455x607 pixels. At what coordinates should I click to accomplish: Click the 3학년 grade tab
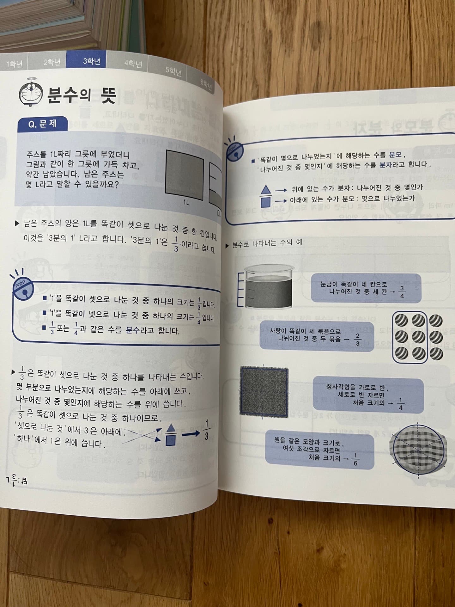pos(92,61)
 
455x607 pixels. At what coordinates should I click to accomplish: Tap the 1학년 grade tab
pos(15,64)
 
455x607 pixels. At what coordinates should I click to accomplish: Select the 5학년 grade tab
pos(173,71)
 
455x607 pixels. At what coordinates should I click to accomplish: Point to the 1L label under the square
pos(186,202)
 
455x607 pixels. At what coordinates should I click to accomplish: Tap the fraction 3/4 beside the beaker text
pos(402,292)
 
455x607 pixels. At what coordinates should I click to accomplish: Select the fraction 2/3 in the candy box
pos(357,339)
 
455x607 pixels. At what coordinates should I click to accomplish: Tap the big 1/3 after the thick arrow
pos(206,431)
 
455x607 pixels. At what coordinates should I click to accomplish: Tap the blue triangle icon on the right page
pos(266,189)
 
